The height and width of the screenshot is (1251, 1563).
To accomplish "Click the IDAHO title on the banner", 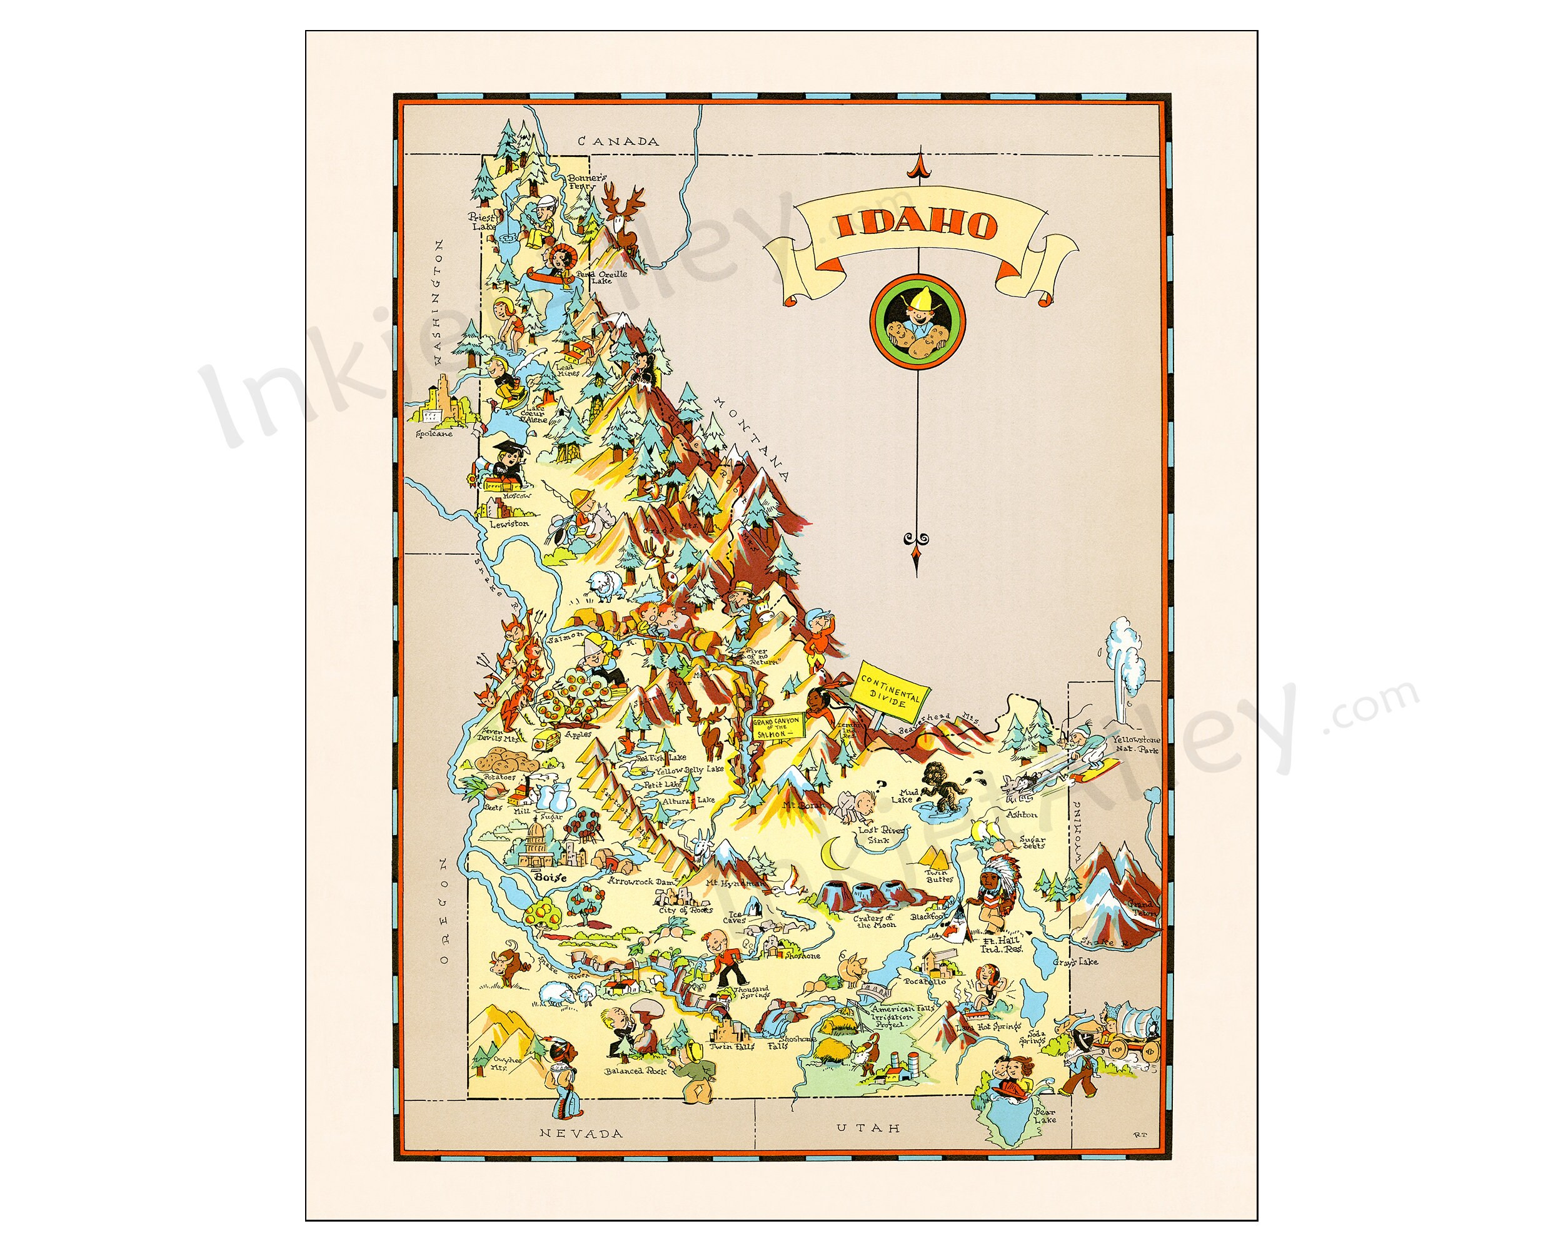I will coord(917,227).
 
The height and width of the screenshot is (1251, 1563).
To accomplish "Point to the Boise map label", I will coord(550,877).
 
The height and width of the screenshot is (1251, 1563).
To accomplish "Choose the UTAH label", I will coord(868,1128).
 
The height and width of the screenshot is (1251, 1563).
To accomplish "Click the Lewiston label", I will coord(509,524).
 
